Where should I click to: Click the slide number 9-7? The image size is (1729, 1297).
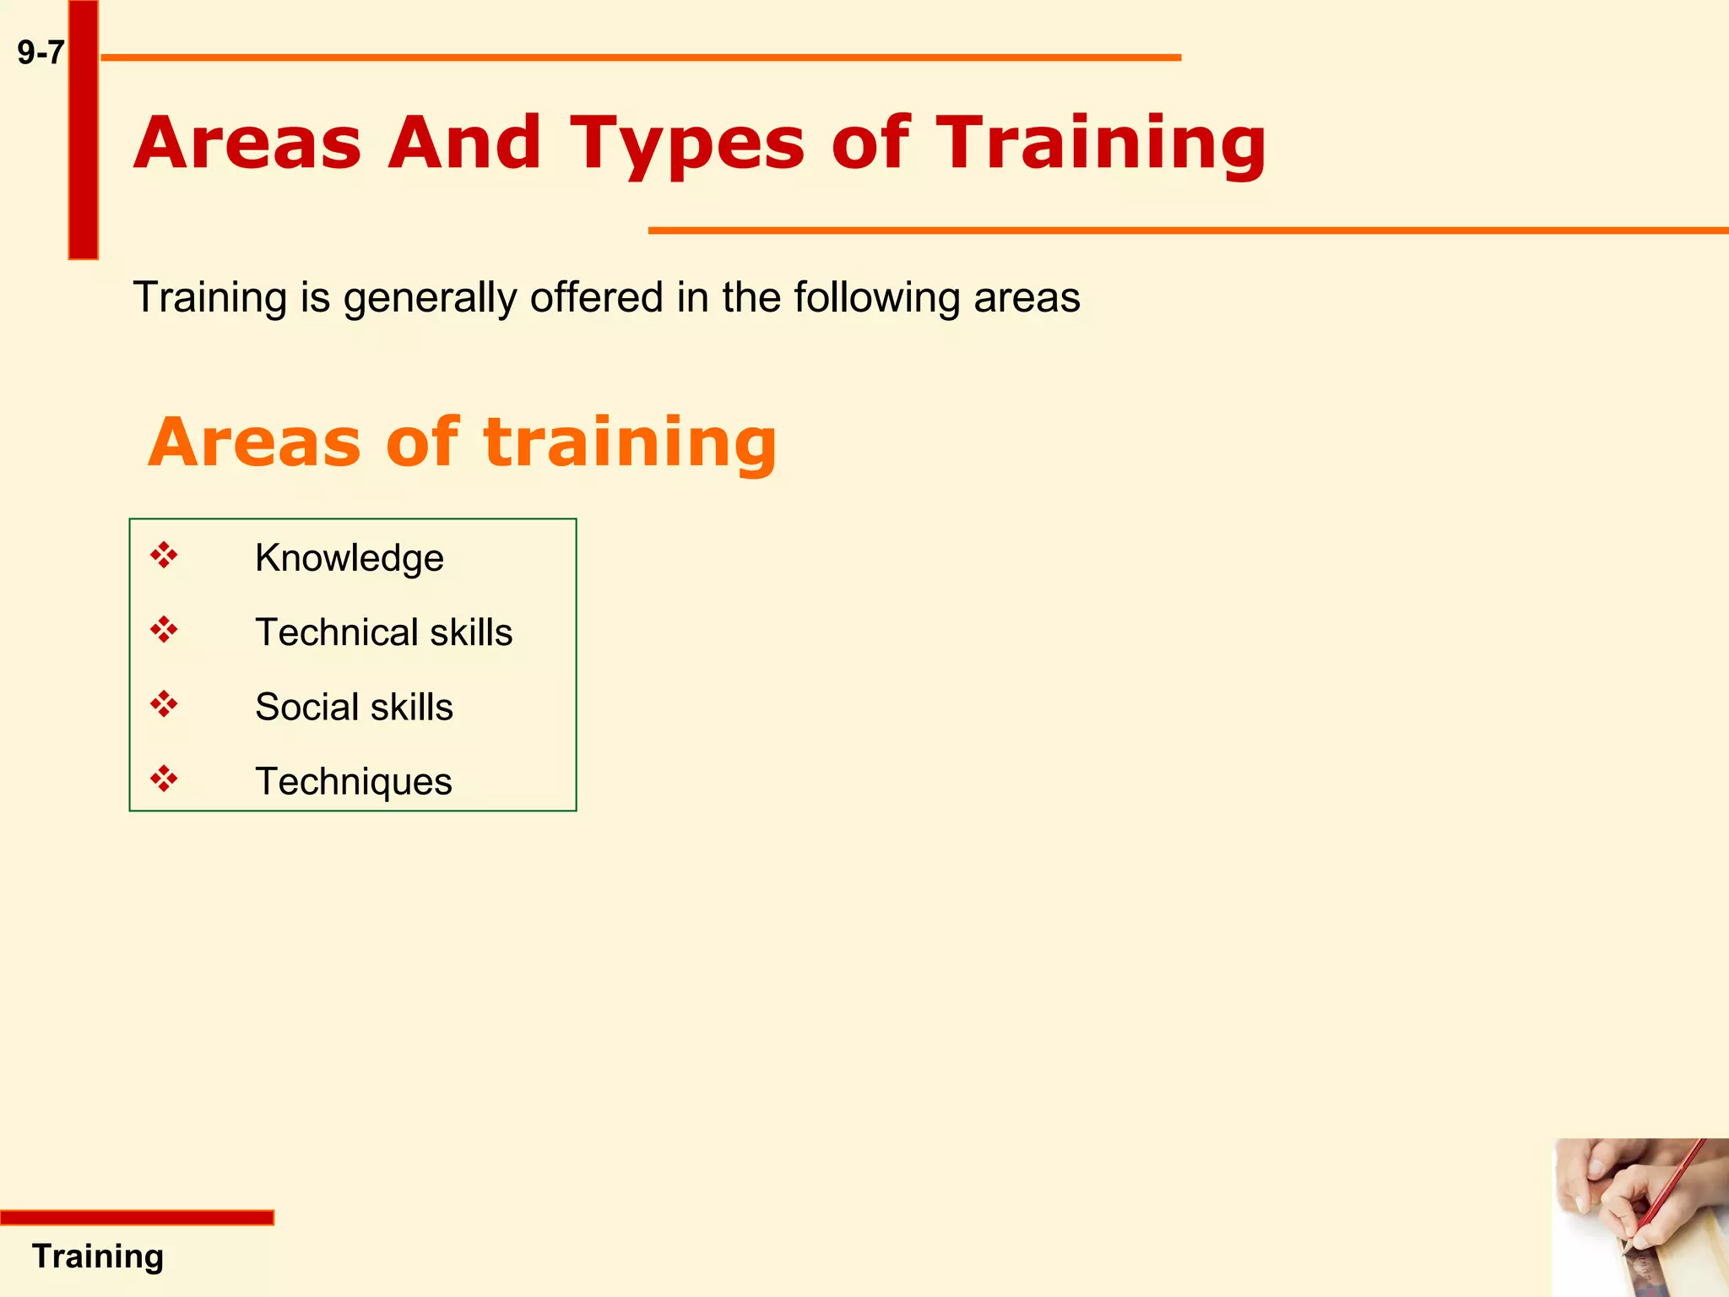point(41,53)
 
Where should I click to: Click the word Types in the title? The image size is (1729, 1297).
point(688,144)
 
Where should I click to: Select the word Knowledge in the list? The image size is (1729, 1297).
point(349,558)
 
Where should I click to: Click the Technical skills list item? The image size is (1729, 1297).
point(383,632)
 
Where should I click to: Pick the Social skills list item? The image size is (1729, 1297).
point(354,707)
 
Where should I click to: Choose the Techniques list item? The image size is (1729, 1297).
point(353,781)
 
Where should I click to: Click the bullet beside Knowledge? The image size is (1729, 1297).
point(164,556)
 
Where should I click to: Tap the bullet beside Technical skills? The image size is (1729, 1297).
point(164,630)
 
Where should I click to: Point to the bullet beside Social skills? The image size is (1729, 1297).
point(164,704)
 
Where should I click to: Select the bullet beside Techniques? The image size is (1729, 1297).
point(164,779)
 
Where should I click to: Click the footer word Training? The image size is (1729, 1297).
point(98,1256)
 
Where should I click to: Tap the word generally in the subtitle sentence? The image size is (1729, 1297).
point(430,298)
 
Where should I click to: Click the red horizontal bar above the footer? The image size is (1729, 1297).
point(137,1217)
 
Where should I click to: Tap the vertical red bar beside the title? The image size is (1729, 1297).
point(83,129)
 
